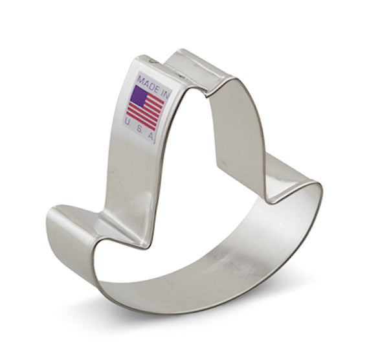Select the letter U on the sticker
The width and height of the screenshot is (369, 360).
click(x=128, y=122)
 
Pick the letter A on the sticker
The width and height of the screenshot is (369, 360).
click(x=151, y=137)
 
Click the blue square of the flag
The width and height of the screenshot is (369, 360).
click(x=139, y=96)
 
